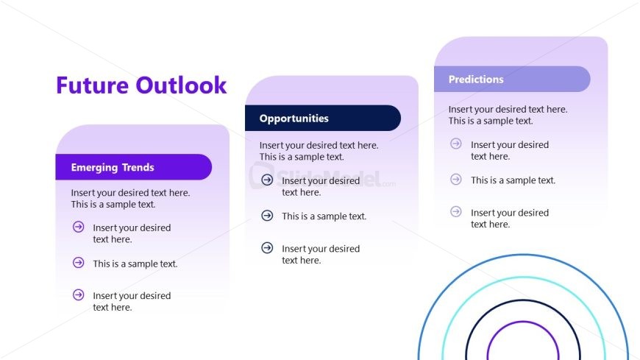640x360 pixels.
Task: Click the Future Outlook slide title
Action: (141, 85)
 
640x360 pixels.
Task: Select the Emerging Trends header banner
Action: (133, 167)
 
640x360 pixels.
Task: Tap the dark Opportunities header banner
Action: (322, 118)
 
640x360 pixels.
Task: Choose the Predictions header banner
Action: (511, 79)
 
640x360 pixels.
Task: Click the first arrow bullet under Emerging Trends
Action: (78, 227)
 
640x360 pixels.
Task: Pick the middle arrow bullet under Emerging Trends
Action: (78, 262)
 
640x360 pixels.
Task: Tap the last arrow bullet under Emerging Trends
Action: (78, 295)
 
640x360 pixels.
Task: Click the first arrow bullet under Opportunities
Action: (267, 180)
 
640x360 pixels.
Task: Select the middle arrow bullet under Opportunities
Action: (267, 215)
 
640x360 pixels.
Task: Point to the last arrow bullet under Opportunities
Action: (267, 248)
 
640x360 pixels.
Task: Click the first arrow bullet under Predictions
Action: (456, 144)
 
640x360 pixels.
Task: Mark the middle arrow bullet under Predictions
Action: (456, 179)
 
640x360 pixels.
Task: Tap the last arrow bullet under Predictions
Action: (456, 212)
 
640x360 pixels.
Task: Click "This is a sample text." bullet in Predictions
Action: (513, 180)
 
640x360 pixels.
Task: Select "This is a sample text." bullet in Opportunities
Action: (324, 216)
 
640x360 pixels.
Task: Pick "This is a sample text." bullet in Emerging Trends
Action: (135, 264)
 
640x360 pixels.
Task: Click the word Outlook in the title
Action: (181, 85)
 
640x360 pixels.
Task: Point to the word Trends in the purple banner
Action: (138, 168)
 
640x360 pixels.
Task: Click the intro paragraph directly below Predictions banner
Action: (508, 115)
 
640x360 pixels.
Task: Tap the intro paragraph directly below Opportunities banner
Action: (319, 151)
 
